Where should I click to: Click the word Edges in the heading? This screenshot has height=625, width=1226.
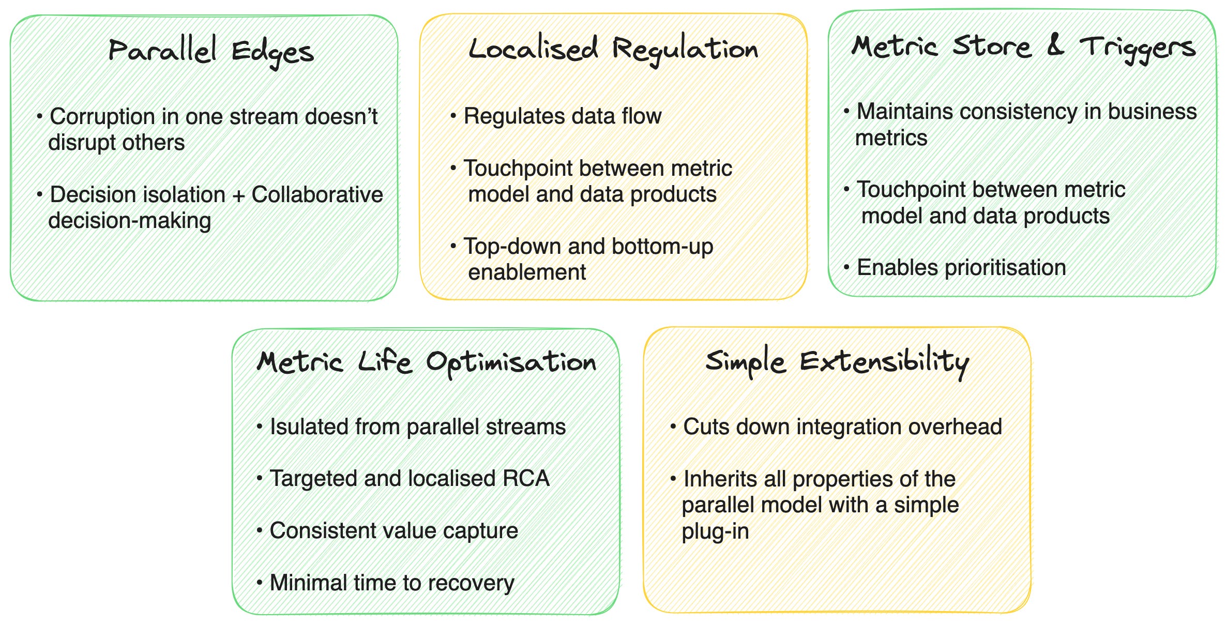coord(273,53)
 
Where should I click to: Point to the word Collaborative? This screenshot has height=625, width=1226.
coord(317,195)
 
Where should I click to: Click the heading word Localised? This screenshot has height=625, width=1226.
coord(533,49)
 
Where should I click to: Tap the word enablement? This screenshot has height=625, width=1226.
coord(527,272)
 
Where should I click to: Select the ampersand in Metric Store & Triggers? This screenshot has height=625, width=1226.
coord(1055,45)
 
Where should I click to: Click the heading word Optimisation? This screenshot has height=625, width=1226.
coord(511,362)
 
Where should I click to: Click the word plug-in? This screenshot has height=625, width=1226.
coord(715,531)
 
